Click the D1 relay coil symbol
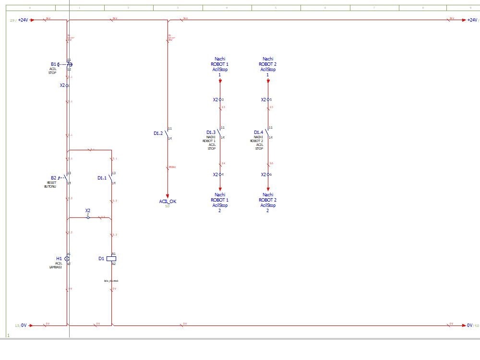(111, 258)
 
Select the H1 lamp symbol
(67, 258)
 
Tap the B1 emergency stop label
(54, 64)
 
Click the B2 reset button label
(54, 178)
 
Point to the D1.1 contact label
(102, 178)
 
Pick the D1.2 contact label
(158, 133)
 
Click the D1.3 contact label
(211, 132)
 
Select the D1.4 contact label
(259, 132)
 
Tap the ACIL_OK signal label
(168, 201)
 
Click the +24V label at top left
(23, 20)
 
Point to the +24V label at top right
(472, 20)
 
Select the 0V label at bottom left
(24, 325)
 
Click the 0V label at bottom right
(470, 325)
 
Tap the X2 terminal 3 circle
(220, 100)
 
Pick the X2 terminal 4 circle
(220, 174)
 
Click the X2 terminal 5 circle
(268, 100)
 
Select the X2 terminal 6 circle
(268, 174)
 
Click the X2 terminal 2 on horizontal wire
(88, 217)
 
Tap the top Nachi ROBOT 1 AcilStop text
(220, 64)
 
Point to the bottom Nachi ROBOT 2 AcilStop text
(268, 200)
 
